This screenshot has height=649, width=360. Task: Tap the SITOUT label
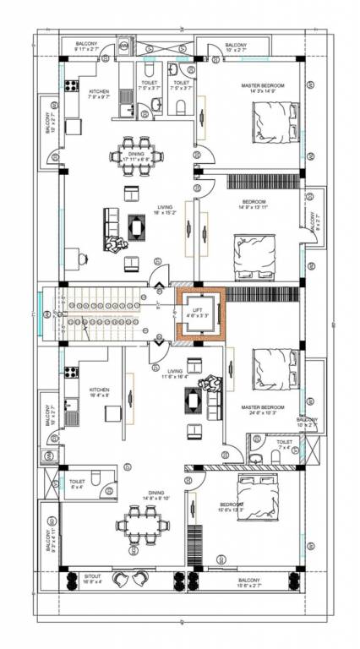click(x=92, y=579)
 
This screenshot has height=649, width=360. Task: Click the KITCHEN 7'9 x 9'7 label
click(x=100, y=93)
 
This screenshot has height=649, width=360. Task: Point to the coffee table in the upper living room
click(x=137, y=226)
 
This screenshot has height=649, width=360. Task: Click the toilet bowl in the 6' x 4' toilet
click(x=97, y=480)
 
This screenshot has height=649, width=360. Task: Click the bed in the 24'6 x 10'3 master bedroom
click(x=271, y=368)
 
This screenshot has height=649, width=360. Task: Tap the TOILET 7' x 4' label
click(x=284, y=443)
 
